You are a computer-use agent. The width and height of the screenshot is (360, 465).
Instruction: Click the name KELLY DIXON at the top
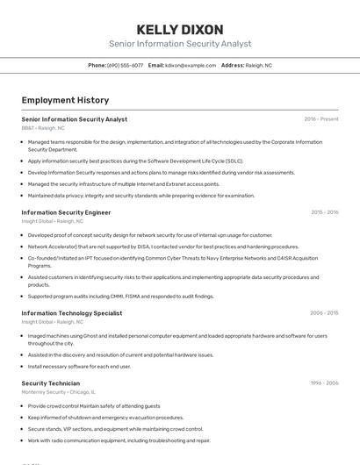pos(180,29)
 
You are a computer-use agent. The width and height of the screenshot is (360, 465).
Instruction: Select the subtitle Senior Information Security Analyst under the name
pos(180,44)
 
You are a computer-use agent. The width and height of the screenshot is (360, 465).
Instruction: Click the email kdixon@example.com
pos(188,65)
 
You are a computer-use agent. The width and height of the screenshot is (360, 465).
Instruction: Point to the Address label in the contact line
pos(233,65)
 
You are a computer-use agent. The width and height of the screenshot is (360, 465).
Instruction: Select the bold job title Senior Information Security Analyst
pos(74,119)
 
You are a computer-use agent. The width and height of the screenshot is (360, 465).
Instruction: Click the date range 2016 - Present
pos(320,119)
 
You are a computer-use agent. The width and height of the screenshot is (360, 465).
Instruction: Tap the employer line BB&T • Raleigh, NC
pos(43,128)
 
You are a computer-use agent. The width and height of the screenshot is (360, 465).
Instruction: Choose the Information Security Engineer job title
pos(66,212)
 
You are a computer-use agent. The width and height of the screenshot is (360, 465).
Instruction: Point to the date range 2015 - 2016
pos(324,212)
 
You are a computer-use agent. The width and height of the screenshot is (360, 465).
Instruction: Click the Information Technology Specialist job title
pos(71,312)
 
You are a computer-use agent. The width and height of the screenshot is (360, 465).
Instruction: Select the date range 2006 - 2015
pos(324,312)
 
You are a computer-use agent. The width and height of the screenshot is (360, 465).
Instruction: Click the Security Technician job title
pos(50,383)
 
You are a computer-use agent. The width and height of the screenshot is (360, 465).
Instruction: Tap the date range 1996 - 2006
pos(324,383)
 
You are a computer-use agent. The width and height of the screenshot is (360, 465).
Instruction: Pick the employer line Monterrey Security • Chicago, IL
pos(58,392)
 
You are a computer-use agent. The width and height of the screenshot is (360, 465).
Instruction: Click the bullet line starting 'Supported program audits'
pos(120,297)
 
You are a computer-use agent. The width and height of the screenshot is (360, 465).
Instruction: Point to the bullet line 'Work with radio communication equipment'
pos(119,440)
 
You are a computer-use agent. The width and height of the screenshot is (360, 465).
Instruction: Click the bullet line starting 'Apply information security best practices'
pos(135,161)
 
